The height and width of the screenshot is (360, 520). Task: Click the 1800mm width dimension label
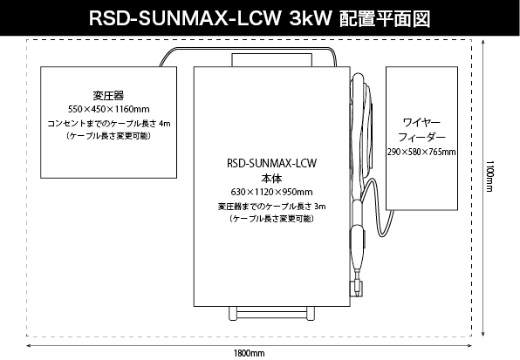pos(249,354)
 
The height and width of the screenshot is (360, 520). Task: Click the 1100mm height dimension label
pos(489,176)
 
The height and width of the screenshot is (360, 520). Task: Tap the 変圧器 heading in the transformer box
pos(108,96)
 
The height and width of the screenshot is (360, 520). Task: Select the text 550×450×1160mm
pos(109,109)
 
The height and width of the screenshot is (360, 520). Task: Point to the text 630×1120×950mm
pos(271,192)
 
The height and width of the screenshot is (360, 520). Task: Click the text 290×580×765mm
pos(421,152)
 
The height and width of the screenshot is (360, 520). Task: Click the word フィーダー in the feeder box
pos(421,137)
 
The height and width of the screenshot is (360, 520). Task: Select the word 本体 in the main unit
pos(271,179)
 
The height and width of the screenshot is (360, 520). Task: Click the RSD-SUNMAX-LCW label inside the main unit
pos(271,163)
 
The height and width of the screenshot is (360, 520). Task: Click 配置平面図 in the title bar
pos(385,18)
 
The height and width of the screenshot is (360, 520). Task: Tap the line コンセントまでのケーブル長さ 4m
pos(109,124)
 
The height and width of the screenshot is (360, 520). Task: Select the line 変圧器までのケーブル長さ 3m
pos(271,207)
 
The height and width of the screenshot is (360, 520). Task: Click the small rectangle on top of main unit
pos(271,60)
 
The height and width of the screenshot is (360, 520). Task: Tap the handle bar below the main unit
pos(271,313)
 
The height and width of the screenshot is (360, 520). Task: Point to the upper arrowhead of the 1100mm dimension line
pos(483,42)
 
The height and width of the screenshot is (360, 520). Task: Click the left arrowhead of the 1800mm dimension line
pos(29,346)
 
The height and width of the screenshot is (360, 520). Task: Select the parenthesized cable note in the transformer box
pos(109,136)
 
